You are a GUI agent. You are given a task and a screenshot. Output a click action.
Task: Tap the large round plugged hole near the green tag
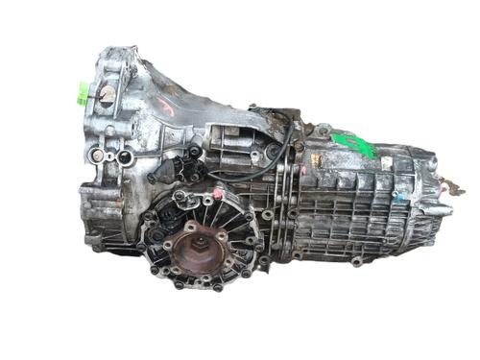click(x=106, y=94)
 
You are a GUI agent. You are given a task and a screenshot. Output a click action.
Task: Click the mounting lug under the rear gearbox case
click(x=356, y=261)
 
